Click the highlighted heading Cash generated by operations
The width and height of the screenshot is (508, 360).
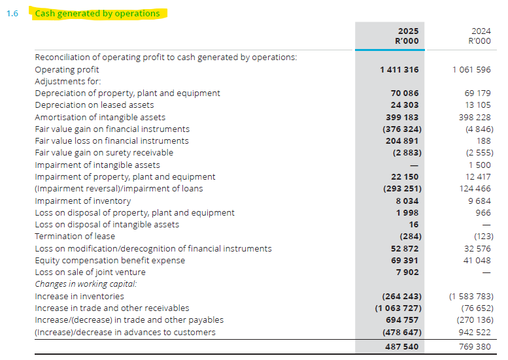point(97,13)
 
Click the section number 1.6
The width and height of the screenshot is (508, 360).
point(12,14)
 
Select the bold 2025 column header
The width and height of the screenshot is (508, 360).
point(408,31)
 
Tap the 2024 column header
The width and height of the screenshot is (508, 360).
point(481,31)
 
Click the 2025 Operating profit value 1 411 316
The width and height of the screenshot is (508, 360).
point(399,70)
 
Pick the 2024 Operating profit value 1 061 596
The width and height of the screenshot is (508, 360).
point(472,70)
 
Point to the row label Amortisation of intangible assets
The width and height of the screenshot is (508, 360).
point(100,117)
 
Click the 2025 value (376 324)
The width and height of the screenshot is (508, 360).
point(402,129)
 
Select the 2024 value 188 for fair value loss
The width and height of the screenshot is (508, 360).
point(484,141)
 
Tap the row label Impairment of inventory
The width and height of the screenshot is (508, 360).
point(83,201)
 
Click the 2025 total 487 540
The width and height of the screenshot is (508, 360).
point(401,347)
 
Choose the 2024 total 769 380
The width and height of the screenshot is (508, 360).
point(475,347)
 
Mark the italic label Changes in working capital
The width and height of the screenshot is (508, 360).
point(86,284)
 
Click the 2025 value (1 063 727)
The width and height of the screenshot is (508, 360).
point(398,308)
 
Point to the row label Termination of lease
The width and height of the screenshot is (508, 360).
point(75,237)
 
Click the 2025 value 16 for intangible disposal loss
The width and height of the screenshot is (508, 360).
point(414,225)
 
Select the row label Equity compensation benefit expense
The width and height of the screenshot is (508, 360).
point(110,261)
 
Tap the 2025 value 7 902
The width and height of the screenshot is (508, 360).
point(407,272)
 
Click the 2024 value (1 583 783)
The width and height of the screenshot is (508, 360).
point(471,297)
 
